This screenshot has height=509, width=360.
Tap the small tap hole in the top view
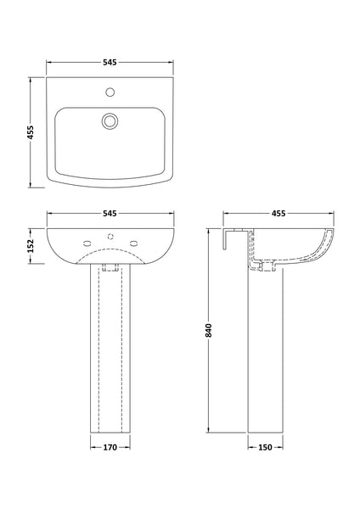(109, 90)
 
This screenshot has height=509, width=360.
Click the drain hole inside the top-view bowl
(109, 120)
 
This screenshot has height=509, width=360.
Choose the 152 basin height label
(31, 246)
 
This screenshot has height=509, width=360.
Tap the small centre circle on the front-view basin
(109, 238)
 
